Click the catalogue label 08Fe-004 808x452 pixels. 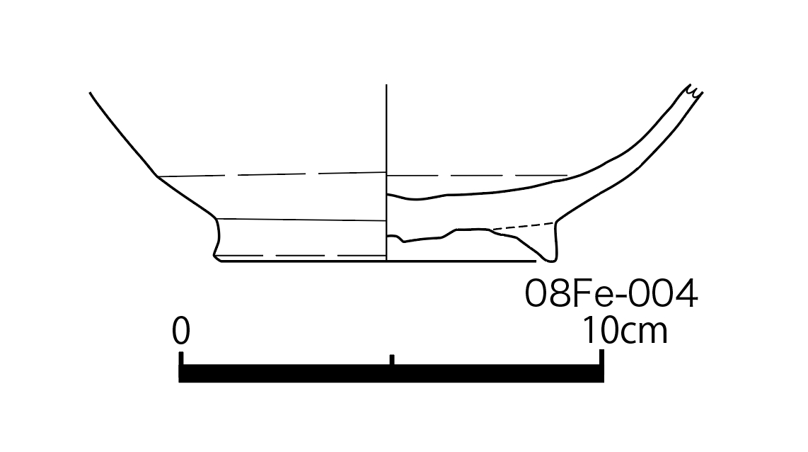611,293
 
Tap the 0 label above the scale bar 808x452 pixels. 181,331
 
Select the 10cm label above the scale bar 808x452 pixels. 625,331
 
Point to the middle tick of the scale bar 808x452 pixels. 392,360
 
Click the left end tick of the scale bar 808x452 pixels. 181,358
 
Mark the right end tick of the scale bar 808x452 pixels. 601,358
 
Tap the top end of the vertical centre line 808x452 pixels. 386,84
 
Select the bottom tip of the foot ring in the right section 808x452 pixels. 550,261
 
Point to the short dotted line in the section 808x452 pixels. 523,226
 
